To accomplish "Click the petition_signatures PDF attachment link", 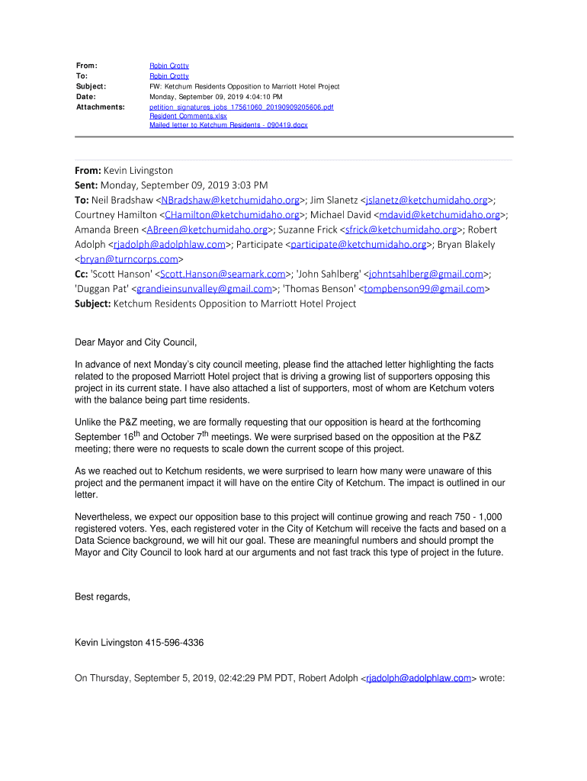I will (x=241, y=108).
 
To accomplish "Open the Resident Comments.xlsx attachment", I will (x=183, y=116).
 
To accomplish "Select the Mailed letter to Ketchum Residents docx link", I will (x=228, y=124).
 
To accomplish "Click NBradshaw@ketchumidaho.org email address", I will (x=229, y=201).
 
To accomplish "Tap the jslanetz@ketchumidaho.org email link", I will (x=426, y=201).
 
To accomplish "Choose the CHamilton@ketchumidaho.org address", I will (x=231, y=215).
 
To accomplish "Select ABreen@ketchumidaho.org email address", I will (x=207, y=230).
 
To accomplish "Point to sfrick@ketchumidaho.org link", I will (x=401, y=230).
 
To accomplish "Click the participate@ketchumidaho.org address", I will (x=358, y=245).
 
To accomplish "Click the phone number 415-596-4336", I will (x=174, y=643).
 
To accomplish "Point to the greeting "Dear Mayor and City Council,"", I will (x=141, y=342).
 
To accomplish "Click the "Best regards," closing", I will (x=102, y=596).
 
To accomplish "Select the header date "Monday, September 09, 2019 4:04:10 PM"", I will (x=216, y=98).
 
